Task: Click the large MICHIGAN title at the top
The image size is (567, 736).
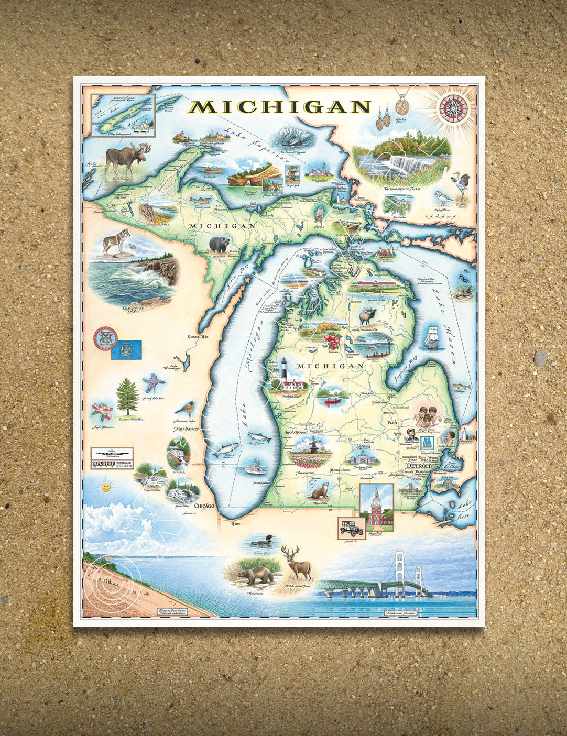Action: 280,107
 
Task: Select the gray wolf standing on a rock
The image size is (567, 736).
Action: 115,244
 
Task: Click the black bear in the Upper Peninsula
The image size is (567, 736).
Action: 219,245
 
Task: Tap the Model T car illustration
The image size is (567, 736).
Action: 351,528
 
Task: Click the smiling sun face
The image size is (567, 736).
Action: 105,487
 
